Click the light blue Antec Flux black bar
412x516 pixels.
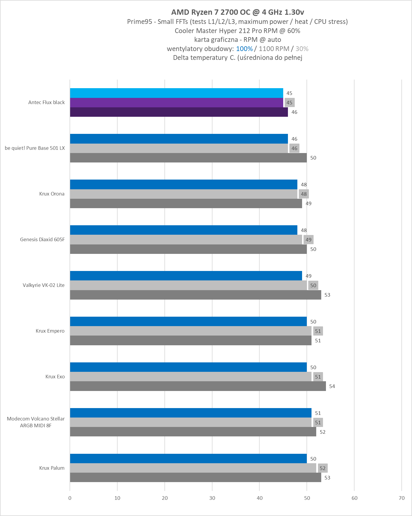click(x=176, y=93)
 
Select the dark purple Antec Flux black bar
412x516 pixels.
click(x=179, y=112)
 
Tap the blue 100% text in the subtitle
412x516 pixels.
click(x=244, y=49)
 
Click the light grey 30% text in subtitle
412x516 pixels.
click(x=302, y=49)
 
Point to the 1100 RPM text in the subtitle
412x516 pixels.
click(x=274, y=49)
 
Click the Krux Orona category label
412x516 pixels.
click(x=52, y=194)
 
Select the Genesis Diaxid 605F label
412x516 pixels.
click(x=42, y=239)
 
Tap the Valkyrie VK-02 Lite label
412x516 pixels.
click(x=44, y=285)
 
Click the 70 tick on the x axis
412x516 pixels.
click(x=401, y=498)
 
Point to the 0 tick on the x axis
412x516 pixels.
click(x=70, y=498)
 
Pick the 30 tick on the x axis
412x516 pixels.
click(x=212, y=498)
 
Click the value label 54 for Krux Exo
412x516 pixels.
click(x=332, y=386)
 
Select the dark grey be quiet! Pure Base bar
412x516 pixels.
click(x=188, y=158)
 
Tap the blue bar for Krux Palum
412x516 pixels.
click(x=188, y=459)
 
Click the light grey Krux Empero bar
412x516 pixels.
click(x=190, y=331)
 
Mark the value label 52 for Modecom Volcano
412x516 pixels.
click(x=322, y=432)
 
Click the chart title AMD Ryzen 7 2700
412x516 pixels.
click(x=238, y=12)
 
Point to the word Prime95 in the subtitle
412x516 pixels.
click(x=139, y=22)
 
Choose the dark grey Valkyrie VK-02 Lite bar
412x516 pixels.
click(x=195, y=295)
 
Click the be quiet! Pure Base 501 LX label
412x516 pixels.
click(x=35, y=148)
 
